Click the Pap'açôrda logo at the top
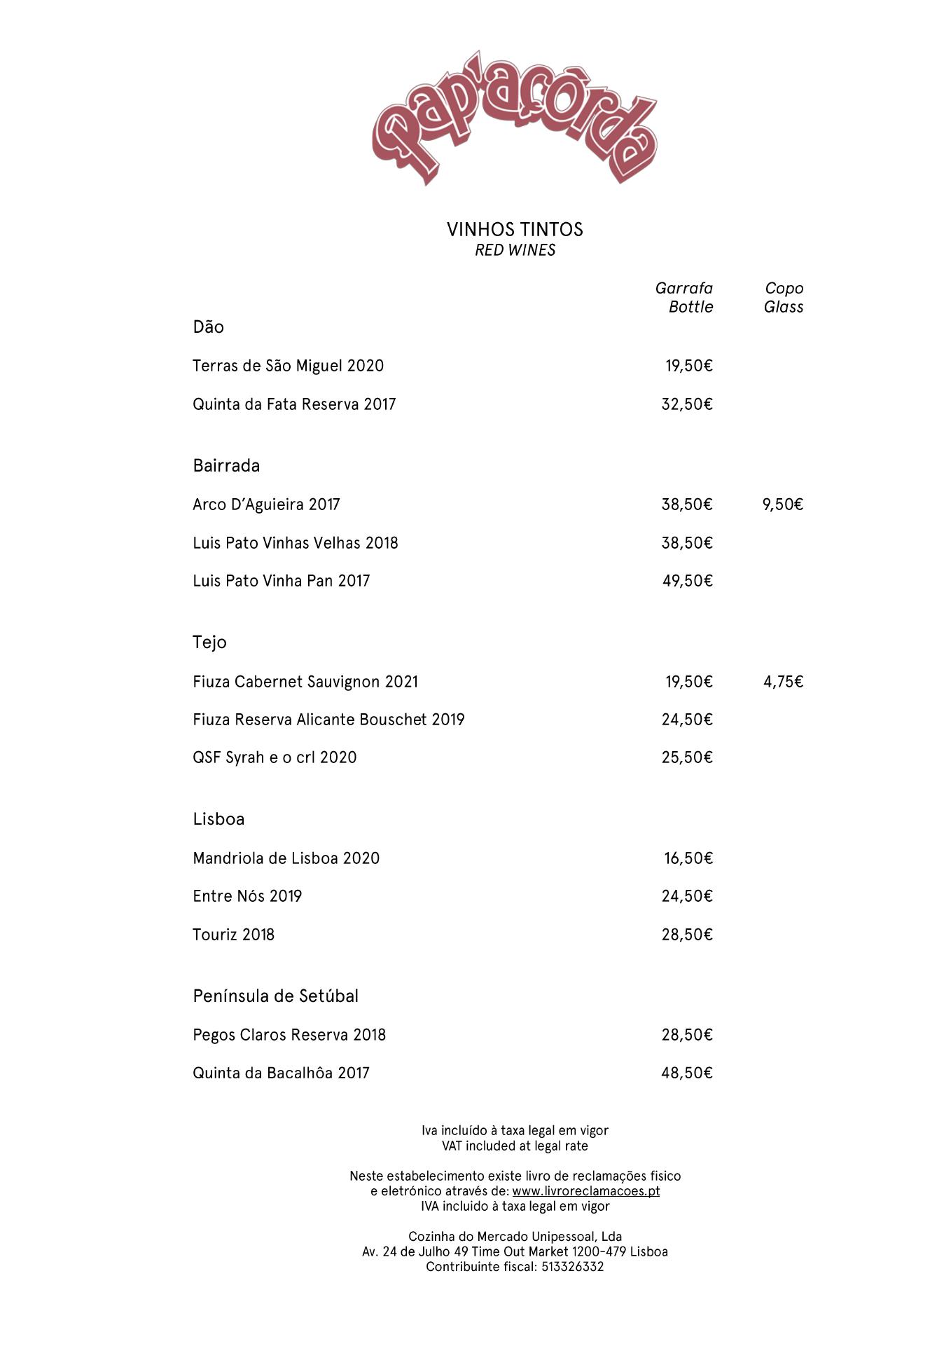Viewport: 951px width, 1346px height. (x=515, y=118)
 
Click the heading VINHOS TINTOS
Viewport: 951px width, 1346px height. (x=515, y=230)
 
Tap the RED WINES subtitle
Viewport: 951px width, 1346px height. (x=515, y=250)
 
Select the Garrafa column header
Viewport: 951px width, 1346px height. (x=684, y=289)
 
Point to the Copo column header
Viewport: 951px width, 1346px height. (x=784, y=289)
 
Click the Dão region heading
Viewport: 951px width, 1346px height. (x=208, y=327)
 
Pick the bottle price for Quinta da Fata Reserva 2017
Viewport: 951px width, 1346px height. (x=687, y=404)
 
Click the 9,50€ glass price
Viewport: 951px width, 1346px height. (x=782, y=504)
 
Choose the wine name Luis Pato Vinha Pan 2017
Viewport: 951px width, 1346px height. (x=281, y=581)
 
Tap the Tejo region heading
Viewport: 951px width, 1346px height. (x=209, y=643)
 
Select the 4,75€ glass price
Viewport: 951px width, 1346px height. (x=783, y=682)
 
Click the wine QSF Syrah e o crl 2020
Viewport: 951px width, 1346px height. (x=275, y=757)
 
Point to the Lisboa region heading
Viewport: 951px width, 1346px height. (x=218, y=819)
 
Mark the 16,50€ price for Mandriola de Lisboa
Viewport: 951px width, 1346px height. (x=688, y=858)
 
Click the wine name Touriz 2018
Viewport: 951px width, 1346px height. (x=233, y=935)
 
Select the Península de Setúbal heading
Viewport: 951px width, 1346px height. (x=275, y=996)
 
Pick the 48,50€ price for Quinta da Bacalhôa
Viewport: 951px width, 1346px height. (x=687, y=1073)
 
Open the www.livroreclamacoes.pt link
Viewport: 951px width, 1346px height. (x=585, y=1191)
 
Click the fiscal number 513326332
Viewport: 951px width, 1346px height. (x=572, y=1267)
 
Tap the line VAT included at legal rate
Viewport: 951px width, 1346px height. (x=515, y=1146)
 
